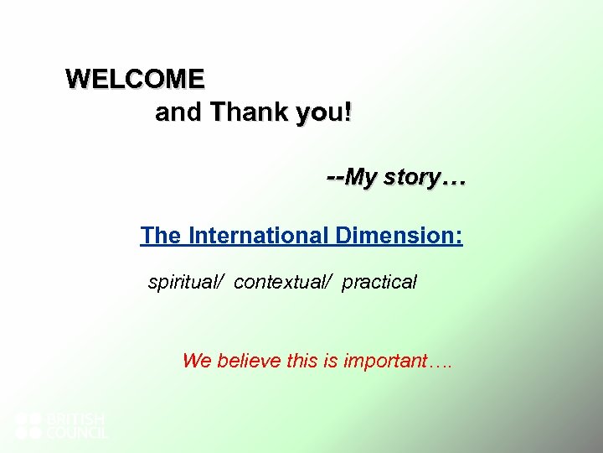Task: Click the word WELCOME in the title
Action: click(135, 79)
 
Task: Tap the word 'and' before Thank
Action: click(178, 112)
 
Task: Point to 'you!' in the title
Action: click(323, 112)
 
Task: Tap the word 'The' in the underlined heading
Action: click(162, 236)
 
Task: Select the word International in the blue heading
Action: click(260, 236)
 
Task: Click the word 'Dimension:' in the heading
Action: click(399, 236)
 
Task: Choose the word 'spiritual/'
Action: click(186, 283)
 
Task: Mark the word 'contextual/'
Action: click(284, 283)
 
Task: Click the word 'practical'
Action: click(379, 283)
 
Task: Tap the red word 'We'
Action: click(197, 362)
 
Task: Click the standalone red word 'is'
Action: click(332, 362)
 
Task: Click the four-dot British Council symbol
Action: click(28, 425)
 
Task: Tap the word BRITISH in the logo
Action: click(75, 418)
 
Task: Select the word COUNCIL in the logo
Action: click(76, 433)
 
